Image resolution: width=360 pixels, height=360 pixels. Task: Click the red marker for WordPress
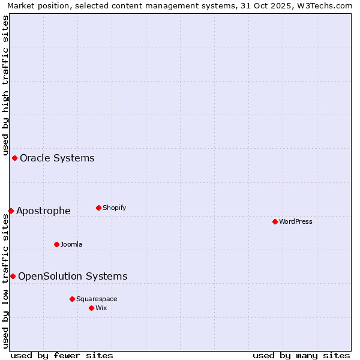coord(275,221)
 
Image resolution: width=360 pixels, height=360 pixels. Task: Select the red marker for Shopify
coord(98,208)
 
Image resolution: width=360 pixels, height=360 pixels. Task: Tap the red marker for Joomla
coord(56,244)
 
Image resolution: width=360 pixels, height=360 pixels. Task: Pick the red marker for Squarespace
coord(72,299)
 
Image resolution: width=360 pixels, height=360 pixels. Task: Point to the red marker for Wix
coord(91,308)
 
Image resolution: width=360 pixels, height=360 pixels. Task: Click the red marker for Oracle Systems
coord(14,158)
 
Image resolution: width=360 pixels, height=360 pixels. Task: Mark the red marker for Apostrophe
coord(11,211)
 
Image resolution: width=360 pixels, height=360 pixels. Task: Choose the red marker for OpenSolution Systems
coord(13,276)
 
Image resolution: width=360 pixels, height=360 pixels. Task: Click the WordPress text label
coord(295,221)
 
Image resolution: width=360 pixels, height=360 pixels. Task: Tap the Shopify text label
coord(114,208)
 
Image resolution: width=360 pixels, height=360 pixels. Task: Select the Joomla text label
coord(71,244)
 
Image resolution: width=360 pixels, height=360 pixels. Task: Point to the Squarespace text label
coord(97,299)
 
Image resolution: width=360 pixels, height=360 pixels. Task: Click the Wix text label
coord(101,308)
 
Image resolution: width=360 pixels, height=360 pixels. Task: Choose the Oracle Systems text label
coord(57,158)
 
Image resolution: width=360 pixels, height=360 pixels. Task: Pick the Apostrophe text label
coord(43,211)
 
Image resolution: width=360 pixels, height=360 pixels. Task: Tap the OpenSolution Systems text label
coord(73,276)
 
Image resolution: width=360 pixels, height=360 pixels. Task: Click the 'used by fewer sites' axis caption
coord(62,355)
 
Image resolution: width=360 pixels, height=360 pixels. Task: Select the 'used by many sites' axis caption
coord(301,355)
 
